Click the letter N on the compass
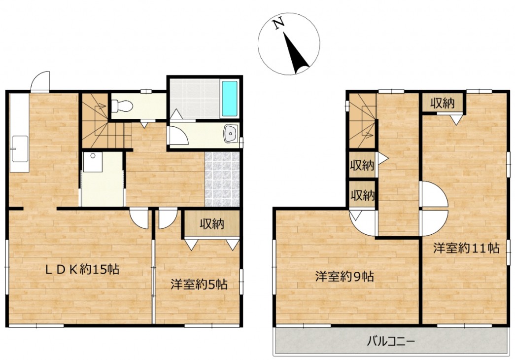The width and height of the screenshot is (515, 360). [x=279, y=24]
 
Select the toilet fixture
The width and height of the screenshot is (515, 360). [x=122, y=106]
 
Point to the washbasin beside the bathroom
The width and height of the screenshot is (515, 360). [x=231, y=134]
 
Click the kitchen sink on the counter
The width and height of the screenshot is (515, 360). [x=20, y=149]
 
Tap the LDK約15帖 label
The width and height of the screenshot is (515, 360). [x=82, y=270]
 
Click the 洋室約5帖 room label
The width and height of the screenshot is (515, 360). [x=199, y=284]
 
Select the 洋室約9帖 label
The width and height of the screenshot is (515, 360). [x=344, y=276]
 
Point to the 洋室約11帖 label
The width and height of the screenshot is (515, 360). [x=466, y=248]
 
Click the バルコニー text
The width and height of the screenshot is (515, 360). [x=391, y=341]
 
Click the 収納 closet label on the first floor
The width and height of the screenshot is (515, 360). [x=212, y=224]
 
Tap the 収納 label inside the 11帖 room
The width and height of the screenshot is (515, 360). [x=443, y=103]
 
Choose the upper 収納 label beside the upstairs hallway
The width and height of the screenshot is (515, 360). [x=362, y=165]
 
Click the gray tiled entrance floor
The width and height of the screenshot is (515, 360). [x=222, y=179]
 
